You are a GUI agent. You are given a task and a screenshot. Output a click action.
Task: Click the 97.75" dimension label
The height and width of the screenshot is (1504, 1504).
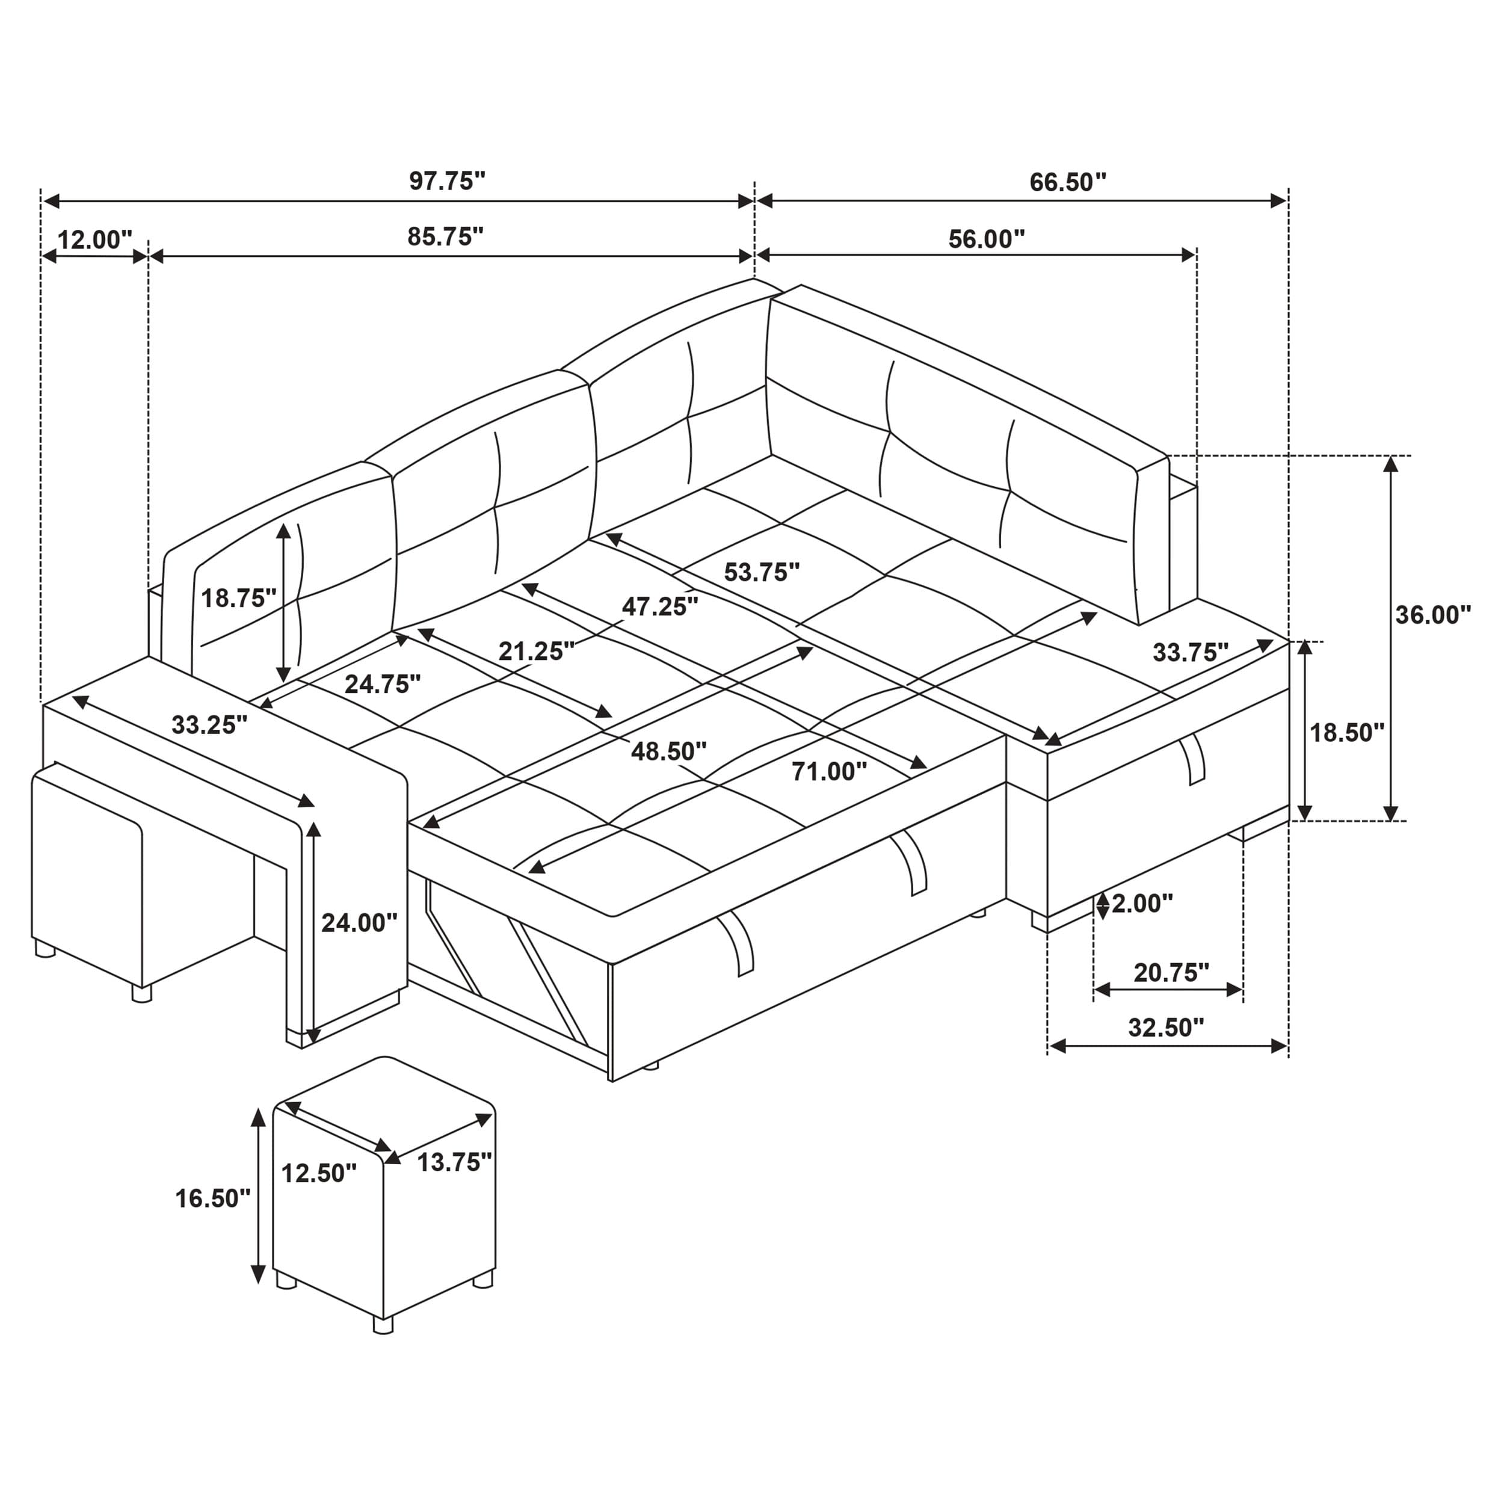447,182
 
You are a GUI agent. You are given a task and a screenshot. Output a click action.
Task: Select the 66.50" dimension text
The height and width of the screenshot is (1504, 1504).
1067,182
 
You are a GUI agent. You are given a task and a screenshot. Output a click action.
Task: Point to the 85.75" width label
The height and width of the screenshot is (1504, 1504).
445,236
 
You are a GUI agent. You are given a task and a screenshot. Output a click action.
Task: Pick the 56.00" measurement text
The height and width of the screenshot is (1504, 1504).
985,239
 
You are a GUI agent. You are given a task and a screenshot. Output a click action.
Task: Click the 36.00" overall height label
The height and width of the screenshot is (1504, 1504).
1433,615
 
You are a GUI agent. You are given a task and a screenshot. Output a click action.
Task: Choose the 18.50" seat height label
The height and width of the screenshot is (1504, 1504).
1347,733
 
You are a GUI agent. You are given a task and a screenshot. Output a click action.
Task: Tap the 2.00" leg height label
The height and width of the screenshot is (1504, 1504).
1141,904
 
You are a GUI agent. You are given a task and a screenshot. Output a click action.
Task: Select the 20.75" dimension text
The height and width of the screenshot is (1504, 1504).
1171,972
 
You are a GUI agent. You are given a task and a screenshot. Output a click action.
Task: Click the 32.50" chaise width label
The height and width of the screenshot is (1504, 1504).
1166,1028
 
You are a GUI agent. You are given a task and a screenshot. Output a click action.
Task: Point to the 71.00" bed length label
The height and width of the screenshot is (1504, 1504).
829,771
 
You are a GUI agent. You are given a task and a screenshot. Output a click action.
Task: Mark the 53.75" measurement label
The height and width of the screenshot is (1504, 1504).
762,572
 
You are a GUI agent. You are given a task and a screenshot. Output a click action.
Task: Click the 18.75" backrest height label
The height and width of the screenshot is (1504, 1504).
238,598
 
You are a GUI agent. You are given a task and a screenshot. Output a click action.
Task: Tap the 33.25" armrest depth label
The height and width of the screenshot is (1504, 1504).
209,725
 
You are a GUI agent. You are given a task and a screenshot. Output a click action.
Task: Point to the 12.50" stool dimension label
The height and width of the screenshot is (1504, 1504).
318,1173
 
